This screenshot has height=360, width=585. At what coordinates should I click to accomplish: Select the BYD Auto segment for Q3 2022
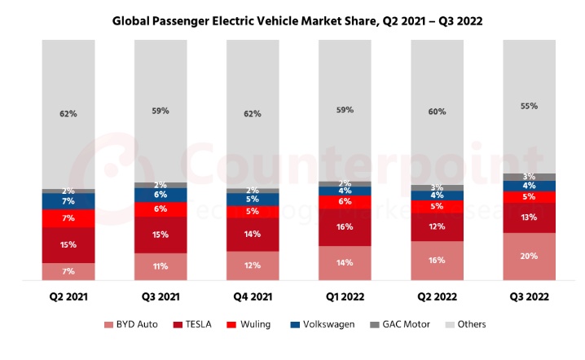point(529,257)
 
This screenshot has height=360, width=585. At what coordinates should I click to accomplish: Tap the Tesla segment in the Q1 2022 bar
point(345,227)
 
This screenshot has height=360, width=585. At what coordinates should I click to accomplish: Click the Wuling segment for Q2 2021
point(68,218)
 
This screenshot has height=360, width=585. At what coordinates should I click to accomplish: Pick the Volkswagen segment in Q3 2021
point(161,195)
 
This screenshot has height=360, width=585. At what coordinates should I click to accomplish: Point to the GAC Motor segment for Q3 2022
point(529,177)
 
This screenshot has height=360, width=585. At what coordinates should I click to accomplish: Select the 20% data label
point(529,256)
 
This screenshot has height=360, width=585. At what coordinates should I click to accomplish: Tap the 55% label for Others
point(529,106)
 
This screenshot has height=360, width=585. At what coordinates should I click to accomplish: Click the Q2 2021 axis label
point(68,297)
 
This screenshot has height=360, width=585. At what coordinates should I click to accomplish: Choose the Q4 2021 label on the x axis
point(253,297)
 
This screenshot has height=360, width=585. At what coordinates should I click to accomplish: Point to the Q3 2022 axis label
point(529,297)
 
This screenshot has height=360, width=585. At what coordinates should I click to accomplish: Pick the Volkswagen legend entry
point(324,325)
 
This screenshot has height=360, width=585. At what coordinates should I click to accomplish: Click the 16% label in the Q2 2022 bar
point(437,261)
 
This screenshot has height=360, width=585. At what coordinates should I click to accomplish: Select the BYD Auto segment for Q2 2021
point(68,271)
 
